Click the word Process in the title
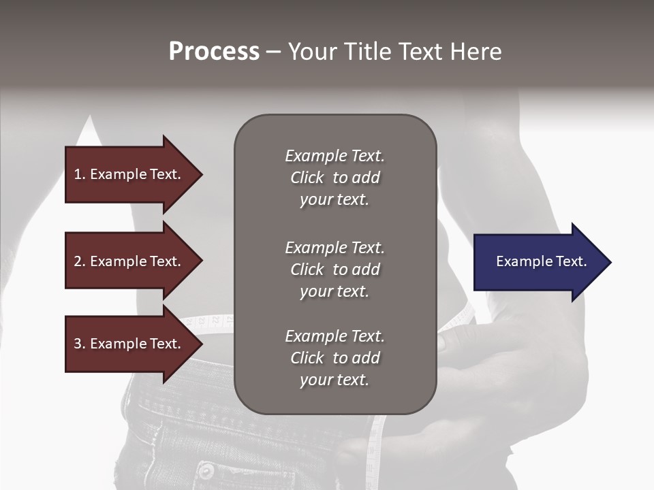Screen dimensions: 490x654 pyautogui.click(x=214, y=52)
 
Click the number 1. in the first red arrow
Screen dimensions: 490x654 pyautogui.click(x=80, y=174)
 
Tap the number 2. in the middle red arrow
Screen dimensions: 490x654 pyautogui.click(x=80, y=261)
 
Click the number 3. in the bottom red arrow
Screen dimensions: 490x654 pyautogui.click(x=80, y=344)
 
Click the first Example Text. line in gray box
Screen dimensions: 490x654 pyautogui.click(x=334, y=156)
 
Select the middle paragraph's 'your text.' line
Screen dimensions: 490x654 pyautogui.click(x=334, y=291)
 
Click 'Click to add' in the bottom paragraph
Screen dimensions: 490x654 pyautogui.click(x=334, y=358)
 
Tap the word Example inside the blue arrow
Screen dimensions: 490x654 pyautogui.click(x=520, y=261)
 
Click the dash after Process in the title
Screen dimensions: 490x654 pyautogui.click(x=273, y=52)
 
